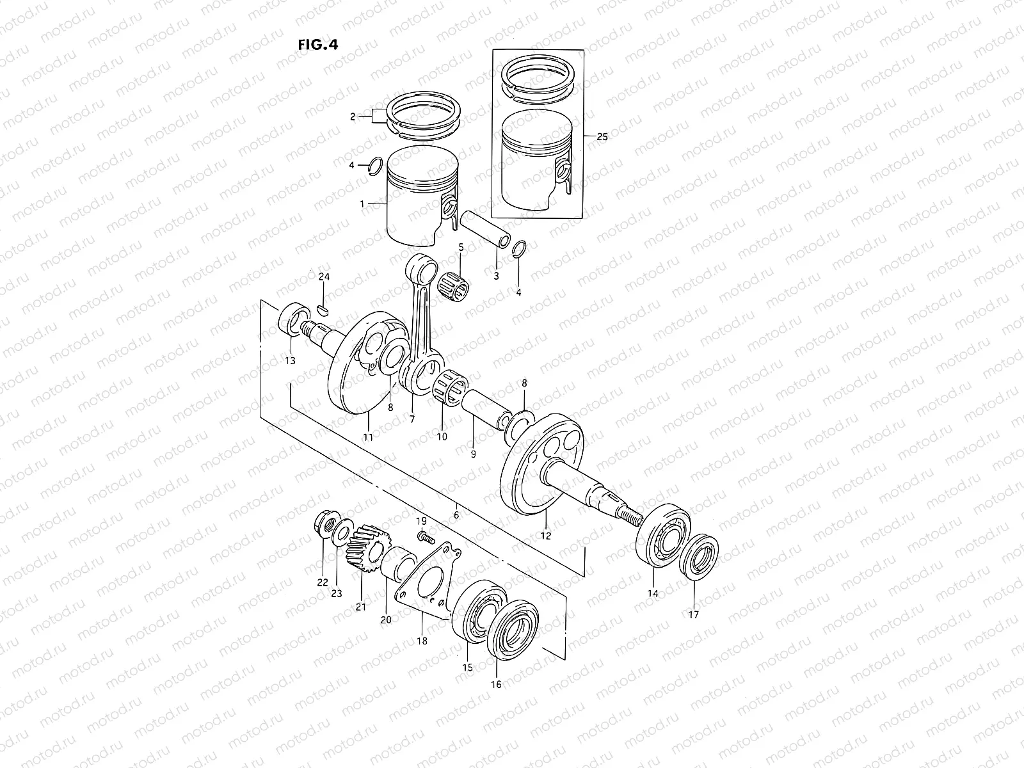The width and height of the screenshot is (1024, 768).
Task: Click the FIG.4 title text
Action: click(x=317, y=44)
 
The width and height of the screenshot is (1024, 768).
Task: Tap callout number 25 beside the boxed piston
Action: click(x=602, y=137)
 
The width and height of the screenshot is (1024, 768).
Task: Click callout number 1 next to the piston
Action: click(x=362, y=204)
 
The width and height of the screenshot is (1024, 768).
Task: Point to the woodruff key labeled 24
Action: click(x=323, y=310)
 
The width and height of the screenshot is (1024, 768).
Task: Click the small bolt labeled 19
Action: click(x=424, y=538)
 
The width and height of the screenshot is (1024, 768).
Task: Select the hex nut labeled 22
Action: click(x=325, y=526)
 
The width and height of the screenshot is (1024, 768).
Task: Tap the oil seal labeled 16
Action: click(x=515, y=630)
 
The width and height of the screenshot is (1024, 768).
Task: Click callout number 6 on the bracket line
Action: click(x=456, y=515)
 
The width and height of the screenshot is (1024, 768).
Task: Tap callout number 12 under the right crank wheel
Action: click(x=545, y=536)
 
